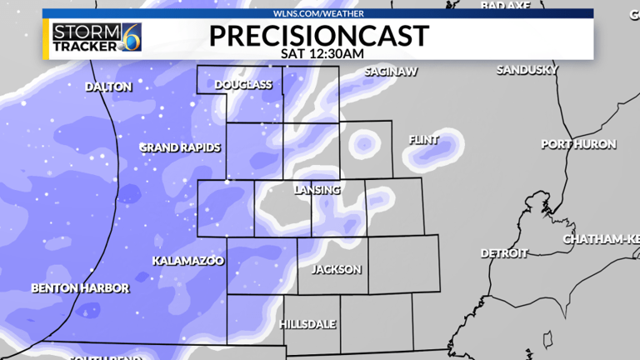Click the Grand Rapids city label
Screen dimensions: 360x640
point(180,147)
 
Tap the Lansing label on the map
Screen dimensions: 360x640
point(317,190)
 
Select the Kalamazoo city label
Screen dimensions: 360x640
point(188,261)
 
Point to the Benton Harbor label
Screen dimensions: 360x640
point(80,288)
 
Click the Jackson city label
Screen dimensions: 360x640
point(336,269)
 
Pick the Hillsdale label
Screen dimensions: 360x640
point(308,322)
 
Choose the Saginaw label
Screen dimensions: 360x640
point(390,72)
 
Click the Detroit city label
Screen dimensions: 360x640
point(504,252)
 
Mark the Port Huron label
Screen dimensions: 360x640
point(578,144)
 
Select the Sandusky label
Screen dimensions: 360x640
point(527,70)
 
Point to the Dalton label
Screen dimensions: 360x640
point(108,87)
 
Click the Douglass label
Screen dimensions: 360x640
point(243,85)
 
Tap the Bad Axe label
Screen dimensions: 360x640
point(506,6)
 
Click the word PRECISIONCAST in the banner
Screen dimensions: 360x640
point(319,35)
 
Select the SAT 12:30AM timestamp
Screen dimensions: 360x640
point(319,52)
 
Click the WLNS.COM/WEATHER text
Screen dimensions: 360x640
point(319,13)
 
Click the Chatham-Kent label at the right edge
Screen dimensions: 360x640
point(601,239)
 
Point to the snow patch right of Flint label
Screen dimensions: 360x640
point(448,147)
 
